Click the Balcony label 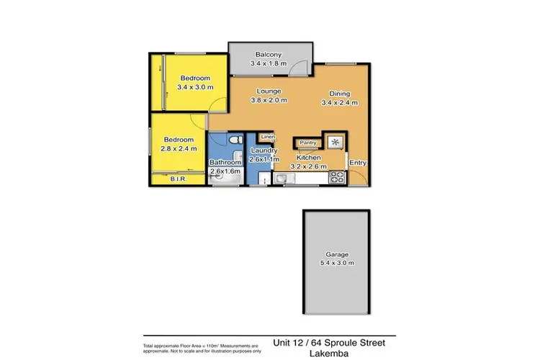tap(271, 54)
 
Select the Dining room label tap(339, 93)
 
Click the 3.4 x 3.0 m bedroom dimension tap(194, 88)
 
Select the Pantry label tap(309, 143)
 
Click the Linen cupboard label tap(267, 136)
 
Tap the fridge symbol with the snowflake tap(335, 141)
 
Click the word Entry tap(358, 163)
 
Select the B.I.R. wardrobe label tap(178, 179)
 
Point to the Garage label tap(336, 254)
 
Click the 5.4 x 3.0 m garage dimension tap(336, 264)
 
